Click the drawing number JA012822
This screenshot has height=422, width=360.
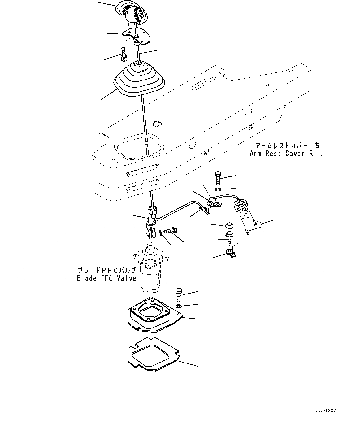[x=327, y=411]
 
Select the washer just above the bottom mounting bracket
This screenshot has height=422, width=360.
[x=179, y=306]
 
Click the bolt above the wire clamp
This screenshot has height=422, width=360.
[x=217, y=178]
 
